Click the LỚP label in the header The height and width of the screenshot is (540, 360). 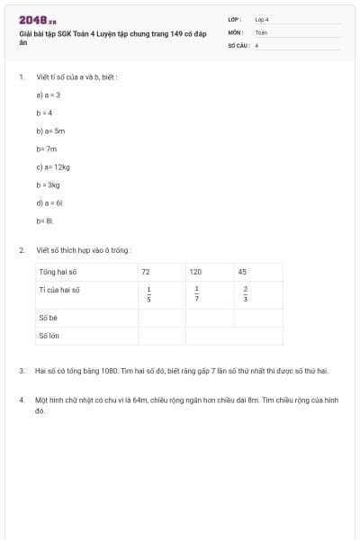[235, 19]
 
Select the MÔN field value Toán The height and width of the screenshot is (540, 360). [261, 31]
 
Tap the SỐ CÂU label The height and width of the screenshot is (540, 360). [238, 44]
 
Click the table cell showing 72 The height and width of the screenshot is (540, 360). [146, 271]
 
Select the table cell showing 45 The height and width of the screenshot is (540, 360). [243, 271]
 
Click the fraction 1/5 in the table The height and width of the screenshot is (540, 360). [148, 293]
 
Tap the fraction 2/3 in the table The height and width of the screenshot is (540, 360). [245, 293]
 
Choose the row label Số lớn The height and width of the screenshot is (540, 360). [49, 336]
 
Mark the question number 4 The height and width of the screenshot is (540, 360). [21, 397]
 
